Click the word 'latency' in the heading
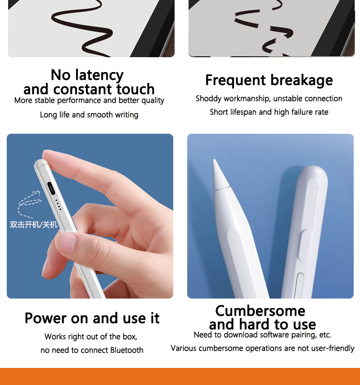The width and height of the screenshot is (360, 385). point(99,75)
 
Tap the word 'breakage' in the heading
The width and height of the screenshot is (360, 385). point(301,81)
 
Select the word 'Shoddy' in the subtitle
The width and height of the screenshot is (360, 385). point(209,99)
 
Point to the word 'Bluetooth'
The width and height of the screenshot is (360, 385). point(126,350)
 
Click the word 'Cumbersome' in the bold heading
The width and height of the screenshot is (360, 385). point(261,311)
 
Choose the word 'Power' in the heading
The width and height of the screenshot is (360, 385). point(45,318)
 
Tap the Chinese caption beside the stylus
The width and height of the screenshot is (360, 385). point(34,224)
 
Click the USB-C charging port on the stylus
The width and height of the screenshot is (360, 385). point(51,188)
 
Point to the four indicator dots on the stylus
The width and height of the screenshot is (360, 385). point(58,205)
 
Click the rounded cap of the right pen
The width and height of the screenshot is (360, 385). point(312,176)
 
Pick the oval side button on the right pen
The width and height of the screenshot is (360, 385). point(304,245)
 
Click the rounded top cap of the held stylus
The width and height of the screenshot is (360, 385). point(40,164)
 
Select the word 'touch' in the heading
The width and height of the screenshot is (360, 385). point(135,89)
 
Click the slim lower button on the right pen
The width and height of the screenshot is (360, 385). point(299,285)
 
